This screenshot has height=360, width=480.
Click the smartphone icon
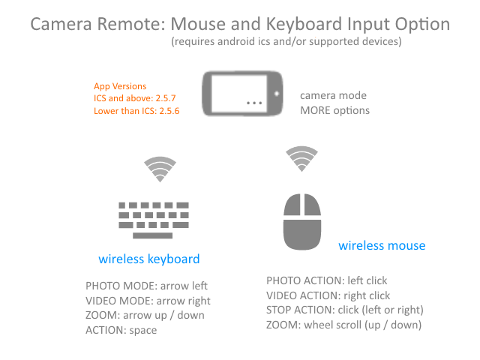[x=242, y=94]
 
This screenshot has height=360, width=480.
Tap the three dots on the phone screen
[x=254, y=103]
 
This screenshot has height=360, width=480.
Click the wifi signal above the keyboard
[x=160, y=169]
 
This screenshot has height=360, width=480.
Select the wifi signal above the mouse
[x=301, y=158]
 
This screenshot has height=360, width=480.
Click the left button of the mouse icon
[x=292, y=205]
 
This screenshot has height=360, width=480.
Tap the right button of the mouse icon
[x=313, y=205]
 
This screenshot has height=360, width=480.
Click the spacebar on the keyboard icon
[x=152, y=235]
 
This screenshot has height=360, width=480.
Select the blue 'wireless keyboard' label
[x=149, y=259]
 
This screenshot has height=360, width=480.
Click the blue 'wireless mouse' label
[x=382, y=245]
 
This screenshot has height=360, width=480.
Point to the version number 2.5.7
[x=166, y=98]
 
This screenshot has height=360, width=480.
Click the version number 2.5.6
[x=169, y=111]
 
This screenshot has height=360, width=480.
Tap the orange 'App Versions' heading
[x=120, y=86]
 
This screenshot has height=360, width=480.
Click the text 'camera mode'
[x=333, y=95]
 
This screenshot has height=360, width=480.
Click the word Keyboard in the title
[x=304, y=24]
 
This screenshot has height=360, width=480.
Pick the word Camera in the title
[x=61, y=24]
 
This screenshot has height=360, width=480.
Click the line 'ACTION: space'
[x=121, y=330]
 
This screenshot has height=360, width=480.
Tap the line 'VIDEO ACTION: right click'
[x=328, y=295]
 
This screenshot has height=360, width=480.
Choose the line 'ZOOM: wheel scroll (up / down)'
[x=343, y=325]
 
